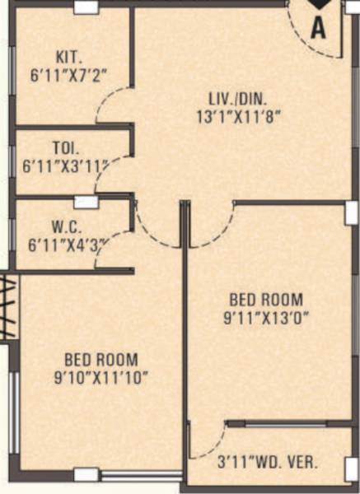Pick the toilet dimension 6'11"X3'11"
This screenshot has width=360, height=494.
(x=66, y=165)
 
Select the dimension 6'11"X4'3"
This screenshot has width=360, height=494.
(x=68, y=243)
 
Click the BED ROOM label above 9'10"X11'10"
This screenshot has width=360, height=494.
(x=101, y=360)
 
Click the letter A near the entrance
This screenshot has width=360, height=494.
(x=319, y=29)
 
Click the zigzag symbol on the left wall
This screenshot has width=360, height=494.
(x=7, y=307)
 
